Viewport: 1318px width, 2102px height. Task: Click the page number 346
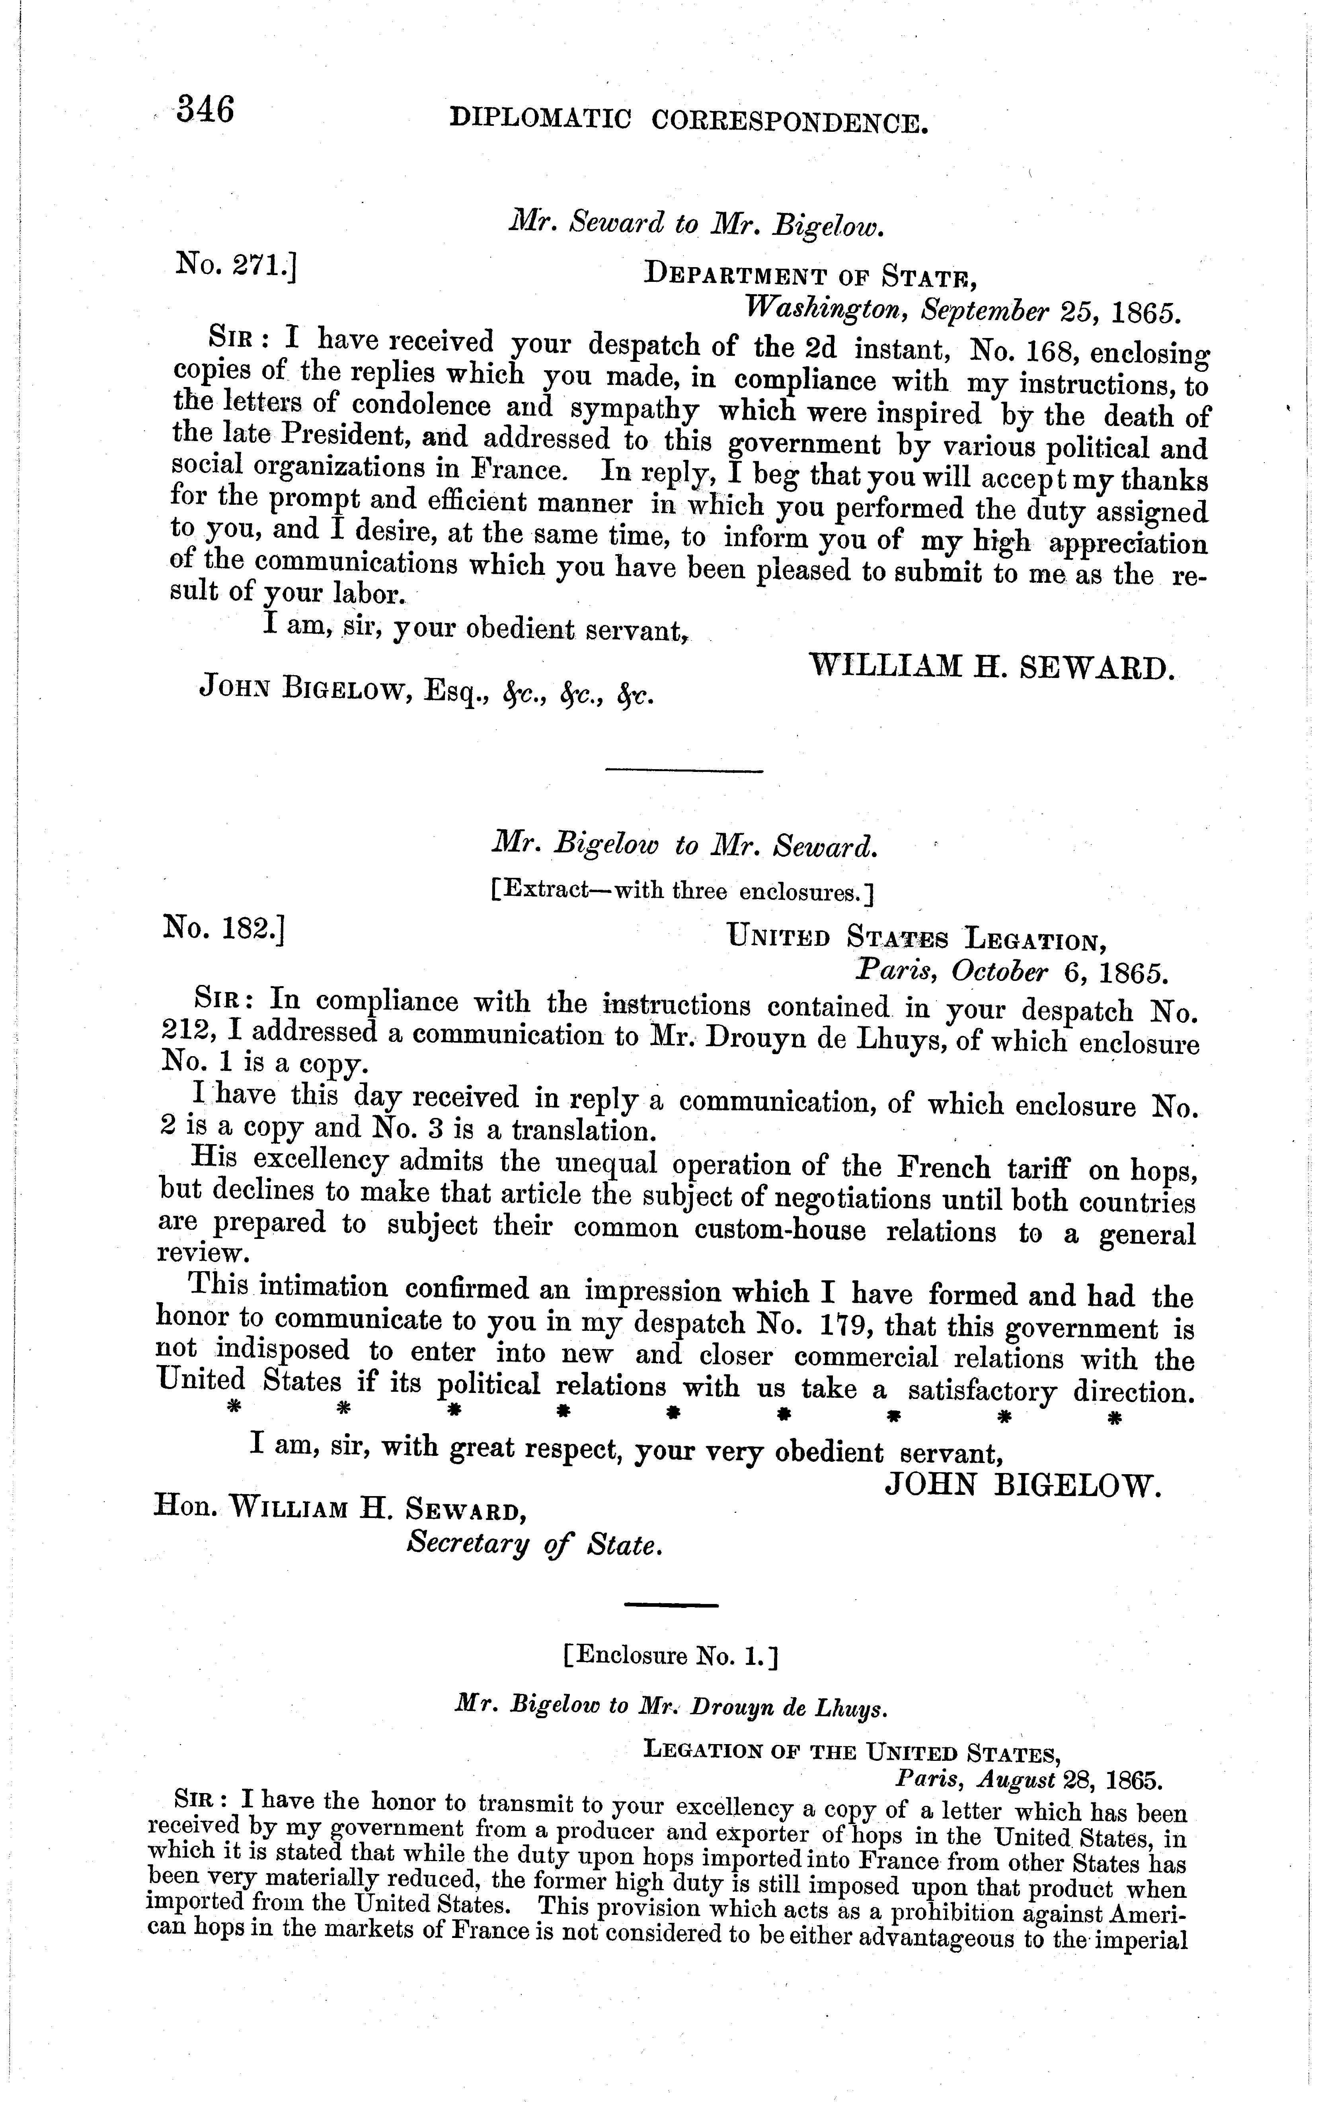206,111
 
